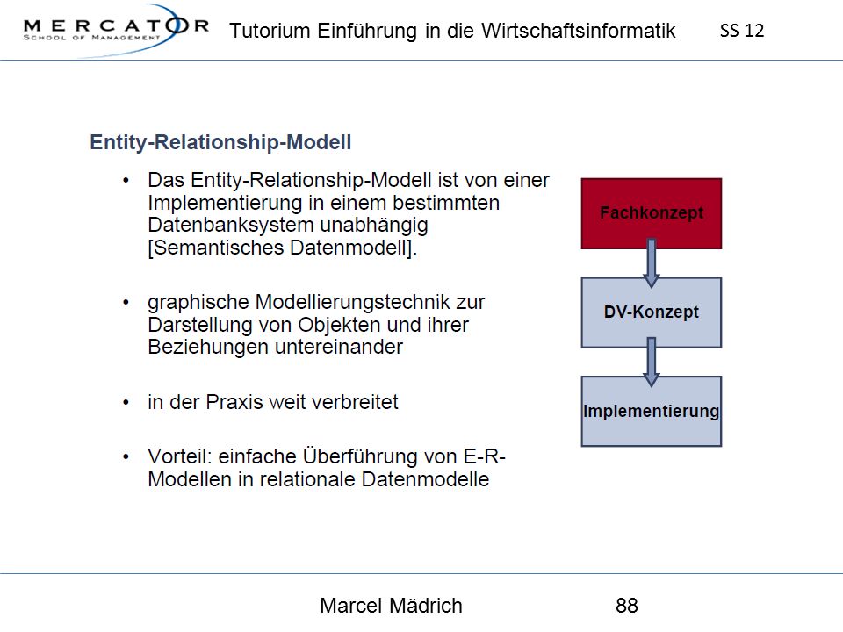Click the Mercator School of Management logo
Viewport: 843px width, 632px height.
point(116,30)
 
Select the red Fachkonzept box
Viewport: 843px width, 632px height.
point(651,213)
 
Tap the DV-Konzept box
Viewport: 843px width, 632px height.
point(651,312)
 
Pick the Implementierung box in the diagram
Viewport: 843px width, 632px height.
point(651,411)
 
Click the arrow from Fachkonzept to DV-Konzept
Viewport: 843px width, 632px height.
point(651,262)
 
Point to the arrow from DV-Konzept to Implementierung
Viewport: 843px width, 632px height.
point(651,362)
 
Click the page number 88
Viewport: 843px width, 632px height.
point(627,606)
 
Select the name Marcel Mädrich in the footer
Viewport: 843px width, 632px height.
point(391,606)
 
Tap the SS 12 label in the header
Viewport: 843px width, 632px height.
point(742,31)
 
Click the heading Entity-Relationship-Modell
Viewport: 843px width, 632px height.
point(220,142)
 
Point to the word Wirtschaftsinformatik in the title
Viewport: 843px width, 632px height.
point(579,31)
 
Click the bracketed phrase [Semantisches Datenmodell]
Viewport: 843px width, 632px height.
point(282,248)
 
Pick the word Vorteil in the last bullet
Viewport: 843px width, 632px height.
point(180,456)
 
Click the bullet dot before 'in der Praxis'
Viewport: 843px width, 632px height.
point(126,402)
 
